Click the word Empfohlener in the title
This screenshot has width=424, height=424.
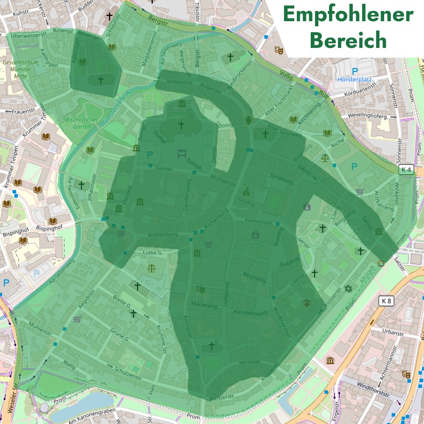[348, 15]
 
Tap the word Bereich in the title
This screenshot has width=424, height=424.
[348, 40]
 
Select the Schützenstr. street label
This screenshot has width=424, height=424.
[128, 374]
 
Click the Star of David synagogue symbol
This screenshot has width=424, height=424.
[348, 289]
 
